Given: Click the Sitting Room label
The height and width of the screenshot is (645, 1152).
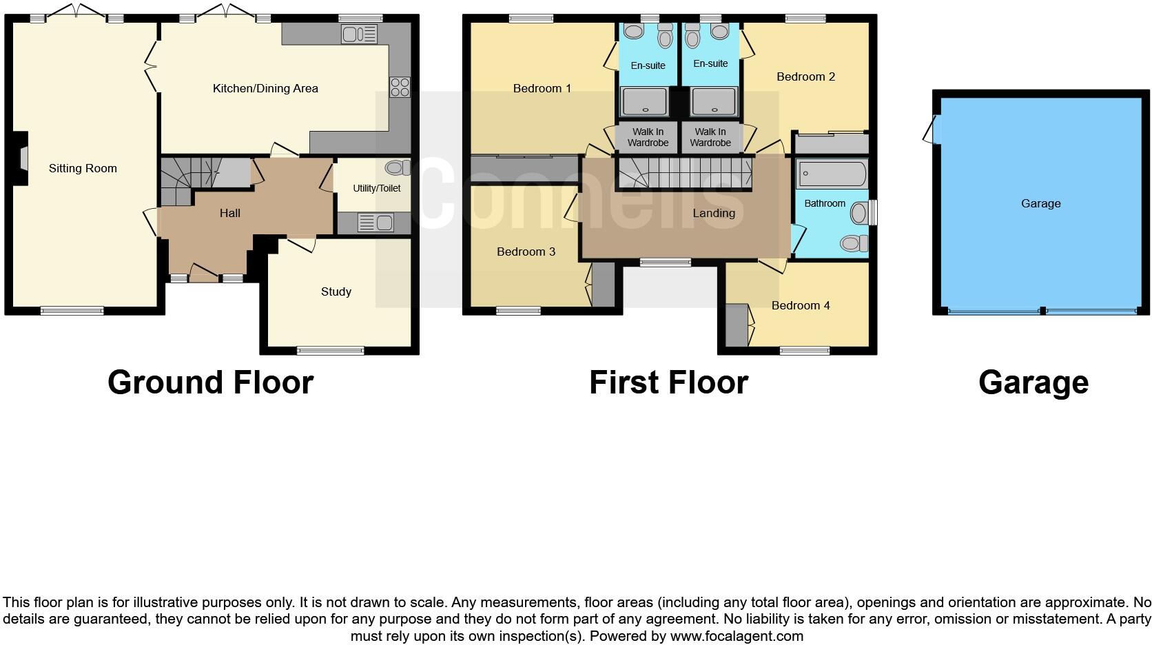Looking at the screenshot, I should coord(83,168).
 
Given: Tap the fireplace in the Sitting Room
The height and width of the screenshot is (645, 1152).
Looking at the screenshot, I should coord(23,158).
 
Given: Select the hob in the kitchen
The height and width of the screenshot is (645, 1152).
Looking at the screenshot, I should coord(400,88).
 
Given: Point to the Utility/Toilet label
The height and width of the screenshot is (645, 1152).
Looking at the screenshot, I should coord(376,188).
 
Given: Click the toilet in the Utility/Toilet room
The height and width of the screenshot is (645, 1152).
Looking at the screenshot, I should coord(396,167).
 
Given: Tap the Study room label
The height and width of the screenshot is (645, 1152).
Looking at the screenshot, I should coord(336,291).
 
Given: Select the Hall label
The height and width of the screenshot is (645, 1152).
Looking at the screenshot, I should coord(230,213).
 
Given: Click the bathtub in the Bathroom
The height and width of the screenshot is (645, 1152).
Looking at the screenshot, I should coord(831,174).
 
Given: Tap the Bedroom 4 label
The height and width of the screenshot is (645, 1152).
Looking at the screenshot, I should coord(801,305).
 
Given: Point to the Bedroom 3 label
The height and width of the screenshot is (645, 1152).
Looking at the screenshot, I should coord(526,252).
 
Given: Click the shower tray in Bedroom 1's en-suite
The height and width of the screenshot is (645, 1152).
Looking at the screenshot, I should coord(645,101).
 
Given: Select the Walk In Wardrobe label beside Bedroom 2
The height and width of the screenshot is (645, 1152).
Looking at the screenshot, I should coord(710,137).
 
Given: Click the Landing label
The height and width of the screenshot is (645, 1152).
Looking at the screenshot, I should coord(714,213).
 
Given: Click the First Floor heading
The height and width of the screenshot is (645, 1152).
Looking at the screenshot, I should coord(668,382).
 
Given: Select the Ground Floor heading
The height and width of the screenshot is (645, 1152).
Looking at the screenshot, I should coord(210,382).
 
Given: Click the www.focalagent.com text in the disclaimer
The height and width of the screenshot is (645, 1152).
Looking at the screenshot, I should coord(737,636).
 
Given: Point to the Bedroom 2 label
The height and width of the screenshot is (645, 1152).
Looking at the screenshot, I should coord(805,76).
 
